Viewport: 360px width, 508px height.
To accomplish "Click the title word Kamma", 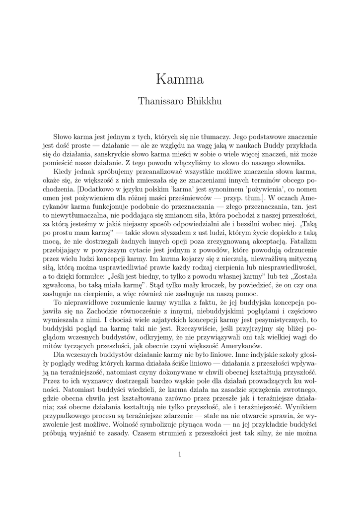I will [x=180, y=79].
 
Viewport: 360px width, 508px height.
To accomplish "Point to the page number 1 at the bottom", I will [x=180, y=454].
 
